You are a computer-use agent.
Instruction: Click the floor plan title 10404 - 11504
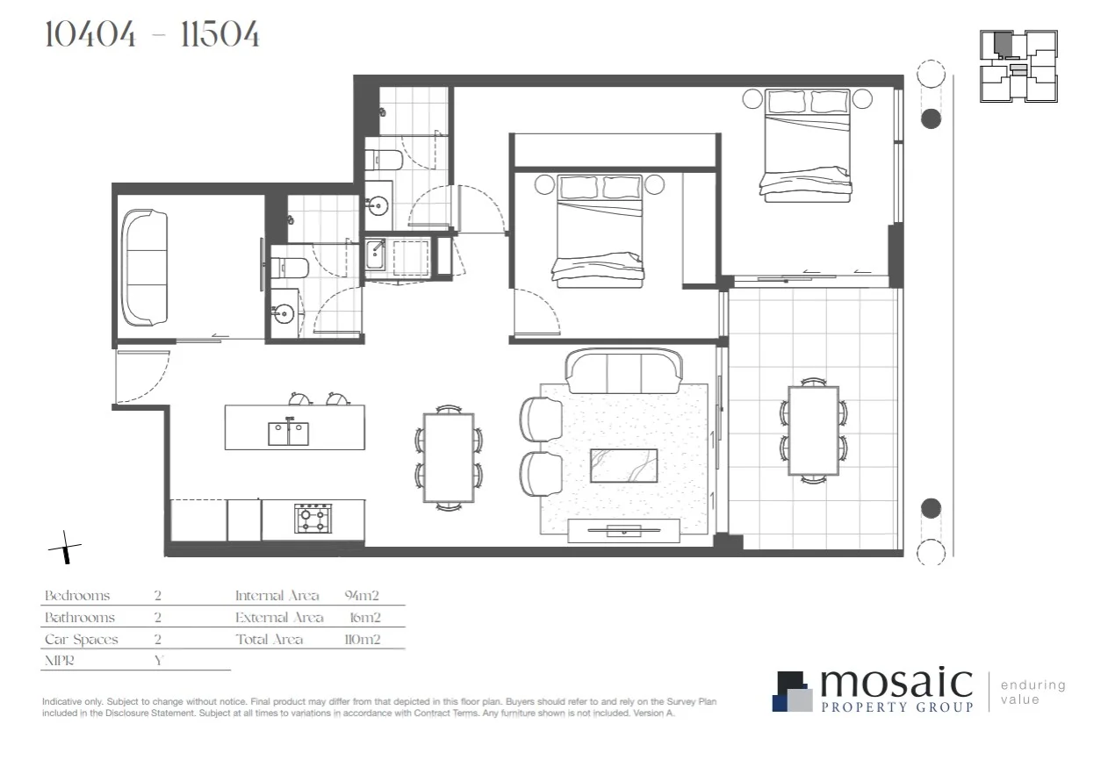click(x=151, y=35)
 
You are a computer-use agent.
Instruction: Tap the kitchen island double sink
click(x=288, y=434)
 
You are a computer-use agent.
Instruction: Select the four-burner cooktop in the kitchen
click(x=312, y=518)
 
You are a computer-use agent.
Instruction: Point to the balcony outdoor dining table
click(x=813, y=431)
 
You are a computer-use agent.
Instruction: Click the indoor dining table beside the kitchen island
click(x=449, y=457)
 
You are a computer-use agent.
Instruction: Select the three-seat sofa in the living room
click(x=623, y=371)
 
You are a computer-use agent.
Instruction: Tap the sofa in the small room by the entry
click(x=145, y=267)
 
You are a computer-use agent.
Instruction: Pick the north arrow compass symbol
click(x=65, y=549)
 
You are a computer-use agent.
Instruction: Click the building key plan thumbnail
click(x=1018, y=66)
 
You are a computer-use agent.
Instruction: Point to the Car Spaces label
click(x=81, y=640)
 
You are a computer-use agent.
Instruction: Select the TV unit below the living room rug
click(x=623, y=529)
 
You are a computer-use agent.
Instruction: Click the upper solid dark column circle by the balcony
click(x=931, y=118)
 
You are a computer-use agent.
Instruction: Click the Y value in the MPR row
click(x=158, y=661)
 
